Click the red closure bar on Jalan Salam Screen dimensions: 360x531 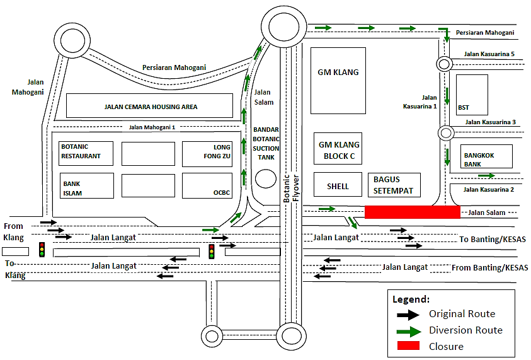[412, 212]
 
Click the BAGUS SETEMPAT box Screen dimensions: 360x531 [393, 185]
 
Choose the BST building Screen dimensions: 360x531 [472, 94]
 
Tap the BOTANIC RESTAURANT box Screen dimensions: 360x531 [86, 153]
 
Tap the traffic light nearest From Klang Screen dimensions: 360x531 [42, 249]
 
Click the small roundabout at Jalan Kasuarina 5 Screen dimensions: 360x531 [443, 63]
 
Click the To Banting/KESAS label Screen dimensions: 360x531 [492, 240]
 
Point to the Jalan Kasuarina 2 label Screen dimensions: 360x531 [489, 190]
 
